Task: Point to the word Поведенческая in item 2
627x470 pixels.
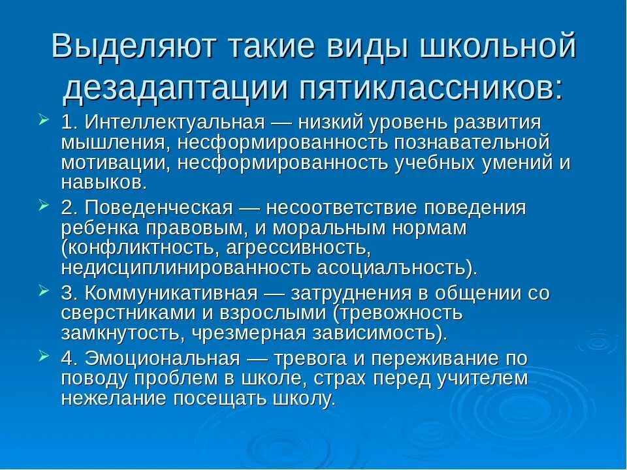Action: [157, 208]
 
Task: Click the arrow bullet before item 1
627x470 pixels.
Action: [43, 121]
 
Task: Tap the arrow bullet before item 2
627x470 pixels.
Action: [43, 206]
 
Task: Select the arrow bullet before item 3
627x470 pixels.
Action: [43, 291]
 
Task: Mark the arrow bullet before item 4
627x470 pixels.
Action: [43, 356]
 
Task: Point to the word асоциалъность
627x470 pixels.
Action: [398, 268]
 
